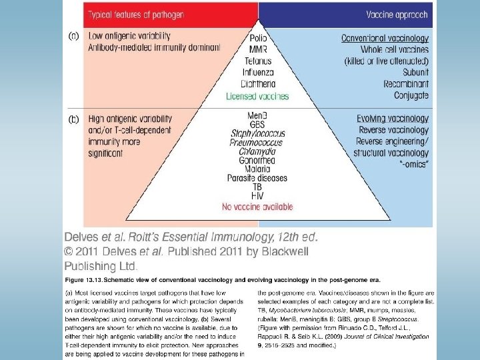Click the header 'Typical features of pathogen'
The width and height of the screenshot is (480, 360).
127,14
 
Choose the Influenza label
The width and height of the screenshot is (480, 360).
258,72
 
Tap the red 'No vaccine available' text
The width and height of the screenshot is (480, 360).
257,207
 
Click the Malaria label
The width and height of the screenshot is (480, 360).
257,169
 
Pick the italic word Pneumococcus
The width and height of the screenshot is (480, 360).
257,143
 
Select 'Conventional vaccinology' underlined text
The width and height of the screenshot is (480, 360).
385,39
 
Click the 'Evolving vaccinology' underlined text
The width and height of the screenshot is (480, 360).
393,119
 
